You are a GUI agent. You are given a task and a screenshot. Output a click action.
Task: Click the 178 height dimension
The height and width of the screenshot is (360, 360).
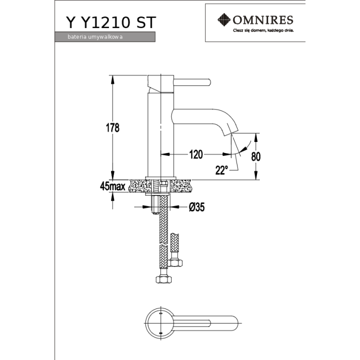112,127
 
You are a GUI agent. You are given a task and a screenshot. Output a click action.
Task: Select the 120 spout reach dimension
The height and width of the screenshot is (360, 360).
196,154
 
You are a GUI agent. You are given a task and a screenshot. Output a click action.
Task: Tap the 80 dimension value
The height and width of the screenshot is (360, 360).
256,156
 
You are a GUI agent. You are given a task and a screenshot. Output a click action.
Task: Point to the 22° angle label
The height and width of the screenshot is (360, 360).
221,170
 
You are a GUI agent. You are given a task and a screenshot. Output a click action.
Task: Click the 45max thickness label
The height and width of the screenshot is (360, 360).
112,186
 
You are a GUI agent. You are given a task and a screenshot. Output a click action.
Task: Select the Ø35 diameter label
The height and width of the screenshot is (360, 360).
196,207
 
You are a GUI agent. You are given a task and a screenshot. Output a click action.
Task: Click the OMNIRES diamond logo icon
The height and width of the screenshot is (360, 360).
224,19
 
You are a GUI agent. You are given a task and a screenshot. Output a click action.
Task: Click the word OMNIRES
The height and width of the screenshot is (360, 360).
263,20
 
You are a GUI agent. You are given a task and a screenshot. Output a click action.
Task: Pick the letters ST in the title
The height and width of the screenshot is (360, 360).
146,22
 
